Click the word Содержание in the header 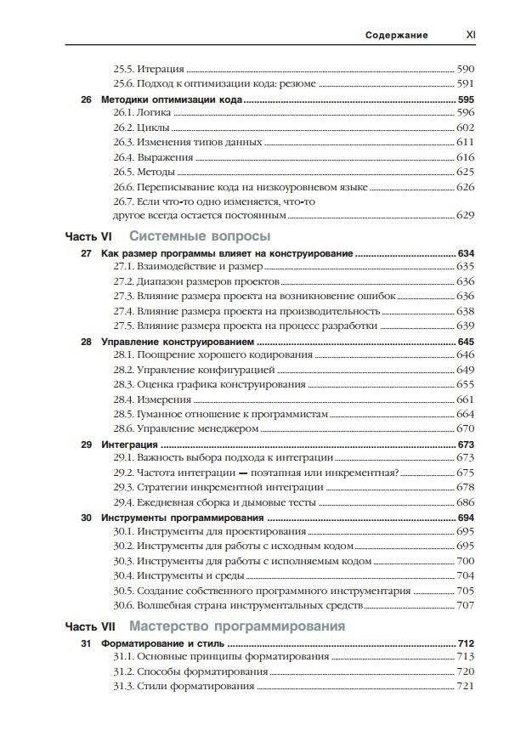pos(396,35)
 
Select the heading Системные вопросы pos(201,235)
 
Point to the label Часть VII pos(89,626)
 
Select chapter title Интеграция pos(130,444)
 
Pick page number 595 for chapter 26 pos(464,99)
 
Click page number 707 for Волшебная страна pos(464,605)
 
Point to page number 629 pos(464,215)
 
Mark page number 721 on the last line pos(464,687)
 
